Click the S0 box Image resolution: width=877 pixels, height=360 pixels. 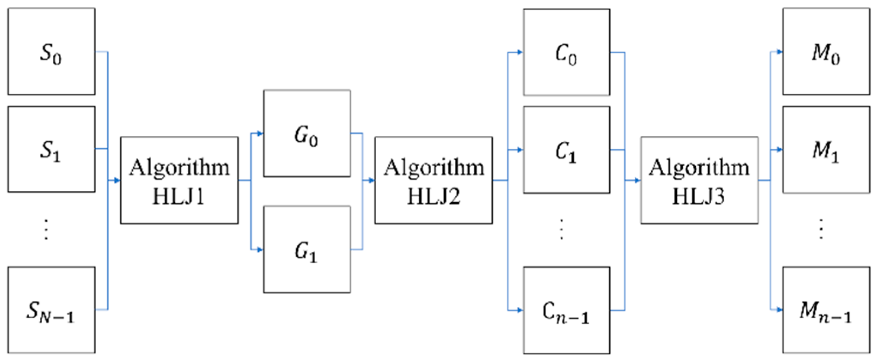pos(52,52)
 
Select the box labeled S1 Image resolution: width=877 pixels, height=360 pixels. pos(52,149)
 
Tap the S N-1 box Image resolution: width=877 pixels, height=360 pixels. pos(52,310)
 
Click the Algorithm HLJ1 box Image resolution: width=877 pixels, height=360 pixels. pos(179,180)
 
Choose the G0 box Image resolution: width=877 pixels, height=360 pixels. pos(307,134)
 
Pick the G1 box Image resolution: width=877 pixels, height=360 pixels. pos(307,250)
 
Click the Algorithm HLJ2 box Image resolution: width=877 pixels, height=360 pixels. pos(433,180)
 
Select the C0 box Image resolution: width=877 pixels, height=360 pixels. pos(566,52)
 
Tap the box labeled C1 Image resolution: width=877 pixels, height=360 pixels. pos(566,150)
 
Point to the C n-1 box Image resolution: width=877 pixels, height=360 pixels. pos(566,310)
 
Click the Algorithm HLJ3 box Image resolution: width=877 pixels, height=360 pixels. pos(699,180)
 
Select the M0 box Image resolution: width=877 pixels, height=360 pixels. pos(826,52)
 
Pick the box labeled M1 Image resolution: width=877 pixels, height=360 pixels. pos(826,150)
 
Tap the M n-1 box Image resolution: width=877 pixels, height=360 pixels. pos(826,310)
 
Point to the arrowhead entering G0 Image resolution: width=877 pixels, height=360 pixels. pos(259,134)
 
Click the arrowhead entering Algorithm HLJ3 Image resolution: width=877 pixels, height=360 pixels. pos(637,180)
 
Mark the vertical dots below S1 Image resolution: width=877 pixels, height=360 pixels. pos(46,229)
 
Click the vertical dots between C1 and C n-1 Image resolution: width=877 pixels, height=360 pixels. pos(561,229)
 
